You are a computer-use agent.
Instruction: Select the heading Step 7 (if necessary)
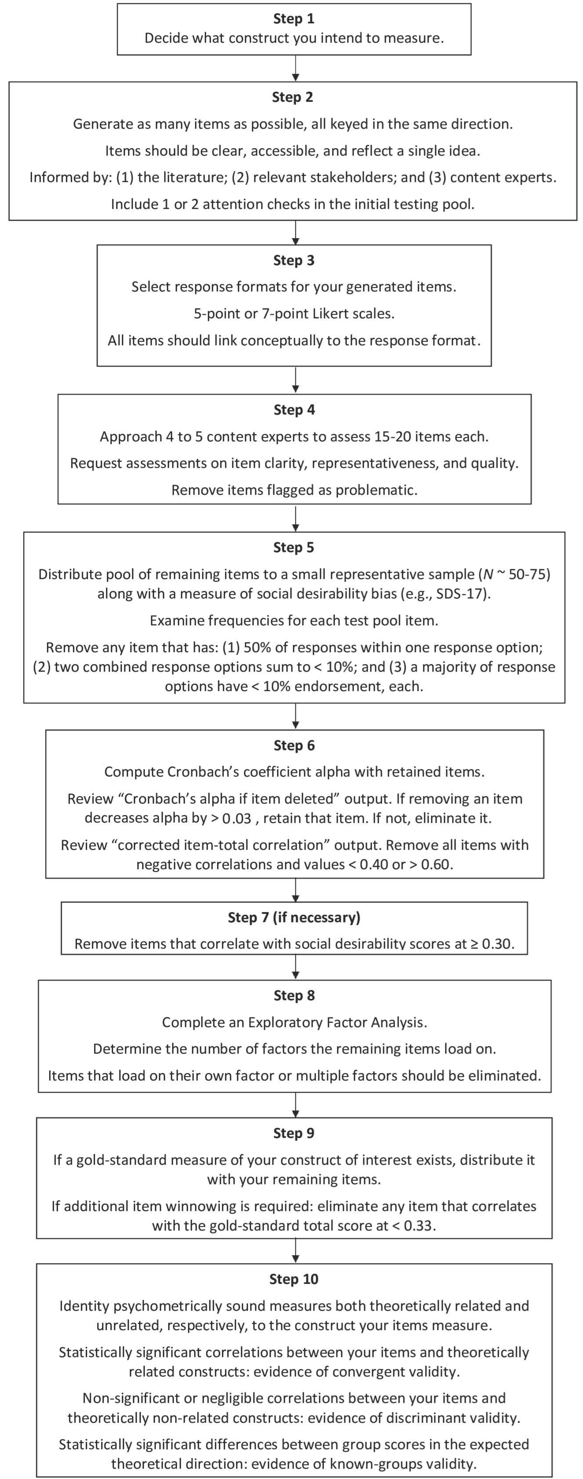coord(294,917)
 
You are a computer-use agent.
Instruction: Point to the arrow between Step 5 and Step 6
coord(295,716)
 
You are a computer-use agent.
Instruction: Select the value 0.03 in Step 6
coord(236,818)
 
